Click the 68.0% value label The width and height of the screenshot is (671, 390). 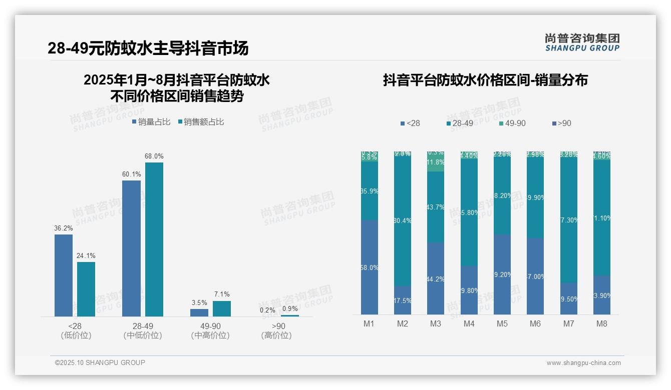(154, 156)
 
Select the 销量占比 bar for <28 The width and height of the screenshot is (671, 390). (64, 275)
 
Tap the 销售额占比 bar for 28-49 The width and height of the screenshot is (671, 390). (154, 239)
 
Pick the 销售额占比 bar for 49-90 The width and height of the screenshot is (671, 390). (222, 308)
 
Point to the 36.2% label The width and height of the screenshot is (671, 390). (64, 228)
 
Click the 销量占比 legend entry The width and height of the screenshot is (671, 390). (151, 122)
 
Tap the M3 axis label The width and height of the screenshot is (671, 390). (436, 324)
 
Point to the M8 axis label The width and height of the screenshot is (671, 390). (601, 324)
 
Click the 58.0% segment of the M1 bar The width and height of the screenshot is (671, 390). (370, 267)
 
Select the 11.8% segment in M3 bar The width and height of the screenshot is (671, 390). (436, 163)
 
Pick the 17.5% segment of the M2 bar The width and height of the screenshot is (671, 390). (403, 300)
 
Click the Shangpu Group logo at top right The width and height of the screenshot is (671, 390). (582, 42)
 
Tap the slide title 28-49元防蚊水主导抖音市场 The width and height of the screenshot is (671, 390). (148, 48)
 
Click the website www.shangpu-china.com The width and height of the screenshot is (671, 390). (583, 363)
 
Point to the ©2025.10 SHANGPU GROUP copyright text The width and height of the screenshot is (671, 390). (100, 363)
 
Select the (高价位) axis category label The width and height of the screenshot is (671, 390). (276, 335)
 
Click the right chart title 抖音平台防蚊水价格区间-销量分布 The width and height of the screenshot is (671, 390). (485, 80)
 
